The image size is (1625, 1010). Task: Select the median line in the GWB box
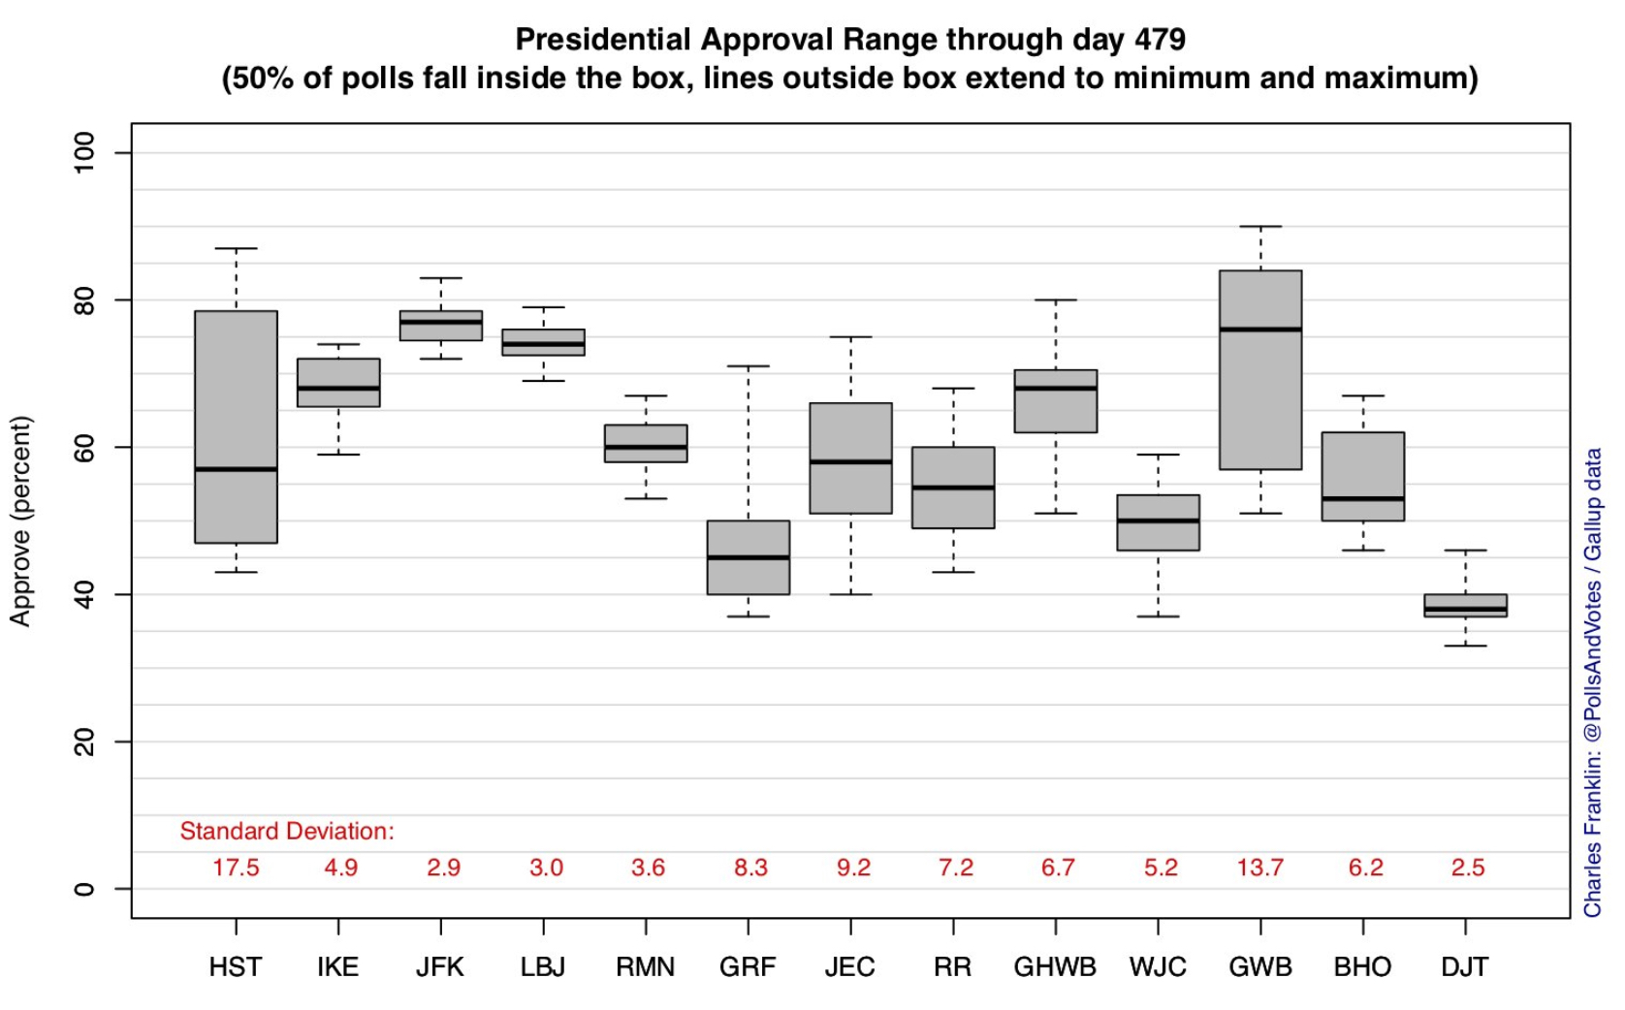click(1260, 330)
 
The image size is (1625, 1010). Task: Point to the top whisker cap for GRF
click(748, 366)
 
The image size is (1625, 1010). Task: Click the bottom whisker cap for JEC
click(850, 594)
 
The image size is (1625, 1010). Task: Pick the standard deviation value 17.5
click(236, 868)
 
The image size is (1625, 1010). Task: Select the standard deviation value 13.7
click(1259, 868)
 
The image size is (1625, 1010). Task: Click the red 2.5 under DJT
click(1467, 868)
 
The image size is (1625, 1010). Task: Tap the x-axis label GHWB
click(1055, 966)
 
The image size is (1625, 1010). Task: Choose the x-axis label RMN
click(645, 966)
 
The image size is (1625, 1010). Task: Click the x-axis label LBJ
click(543, 966)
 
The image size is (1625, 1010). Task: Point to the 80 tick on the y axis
click(85, 300)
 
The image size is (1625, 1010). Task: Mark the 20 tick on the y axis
click(85, 742)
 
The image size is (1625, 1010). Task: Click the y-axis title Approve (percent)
click(20, 521)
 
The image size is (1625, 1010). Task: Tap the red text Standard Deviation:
click(287, 831)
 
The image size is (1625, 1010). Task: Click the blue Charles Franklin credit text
click(1592, 682)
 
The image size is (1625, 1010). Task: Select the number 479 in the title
click(1160, 40)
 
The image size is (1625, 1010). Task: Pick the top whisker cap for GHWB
click(1055, 300)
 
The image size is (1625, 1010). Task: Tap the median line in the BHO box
click(1362, 498)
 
